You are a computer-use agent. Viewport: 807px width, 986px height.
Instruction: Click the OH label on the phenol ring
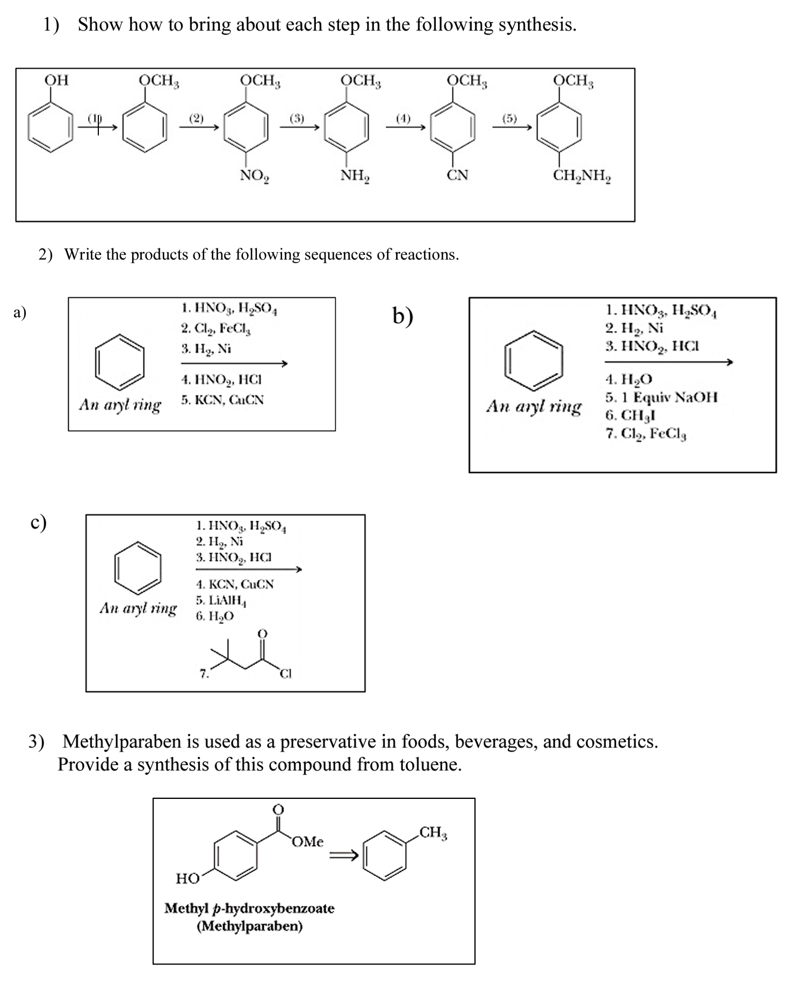point(56,80)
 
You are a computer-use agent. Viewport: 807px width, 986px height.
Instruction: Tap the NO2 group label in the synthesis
point(255,175)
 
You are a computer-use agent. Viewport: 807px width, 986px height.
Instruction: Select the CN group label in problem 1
point(458,175)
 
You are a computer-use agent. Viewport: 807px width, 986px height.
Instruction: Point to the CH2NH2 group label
point(582,175)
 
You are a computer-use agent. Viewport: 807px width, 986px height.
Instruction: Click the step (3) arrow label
point(297,118)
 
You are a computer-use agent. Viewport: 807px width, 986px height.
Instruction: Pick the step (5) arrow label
point(510,118)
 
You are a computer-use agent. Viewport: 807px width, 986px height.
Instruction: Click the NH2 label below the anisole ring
point(355,175)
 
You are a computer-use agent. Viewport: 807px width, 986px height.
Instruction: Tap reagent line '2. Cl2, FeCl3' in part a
point(216,328)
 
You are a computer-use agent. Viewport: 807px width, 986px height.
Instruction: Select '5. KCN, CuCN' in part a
point(222,400)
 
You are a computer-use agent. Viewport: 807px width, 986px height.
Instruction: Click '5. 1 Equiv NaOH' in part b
point(661,398)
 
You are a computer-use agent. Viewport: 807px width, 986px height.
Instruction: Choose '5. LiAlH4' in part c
point(221,600)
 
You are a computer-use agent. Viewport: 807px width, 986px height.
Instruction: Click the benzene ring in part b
point(534,360)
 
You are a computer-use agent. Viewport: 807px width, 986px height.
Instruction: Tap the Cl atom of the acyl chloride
point(286,673)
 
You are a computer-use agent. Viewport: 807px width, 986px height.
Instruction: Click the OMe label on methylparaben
point(307,842)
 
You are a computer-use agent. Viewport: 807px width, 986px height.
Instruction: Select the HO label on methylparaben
point(188,879)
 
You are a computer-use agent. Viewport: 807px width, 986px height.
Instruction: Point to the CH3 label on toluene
point(433,833)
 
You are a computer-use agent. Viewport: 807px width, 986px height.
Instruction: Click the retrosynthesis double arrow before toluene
point(343,855)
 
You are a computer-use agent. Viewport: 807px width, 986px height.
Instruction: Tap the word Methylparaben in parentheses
point(250,926)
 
